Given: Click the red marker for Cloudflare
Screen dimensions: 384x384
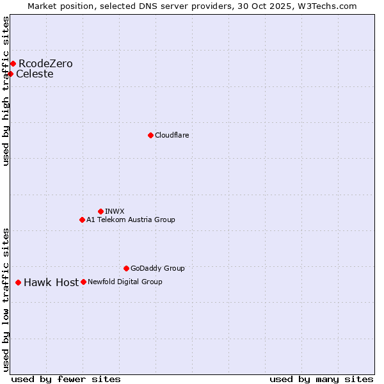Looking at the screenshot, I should pos(150,135).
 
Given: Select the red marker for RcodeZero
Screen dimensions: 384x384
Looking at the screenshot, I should pos(13,63).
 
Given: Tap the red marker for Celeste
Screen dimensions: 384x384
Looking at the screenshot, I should pos(10,74).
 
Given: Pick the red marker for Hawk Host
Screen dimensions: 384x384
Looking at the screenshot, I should pos(18,282).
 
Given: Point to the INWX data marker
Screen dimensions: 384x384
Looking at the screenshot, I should pos(100,211).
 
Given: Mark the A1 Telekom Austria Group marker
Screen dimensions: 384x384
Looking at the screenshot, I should pos(82,220).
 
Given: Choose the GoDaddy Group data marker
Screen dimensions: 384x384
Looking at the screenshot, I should pos(126,268).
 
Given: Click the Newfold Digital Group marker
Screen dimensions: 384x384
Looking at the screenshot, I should pos(83,282).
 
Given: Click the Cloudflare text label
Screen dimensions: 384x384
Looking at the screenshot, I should pos(172,135).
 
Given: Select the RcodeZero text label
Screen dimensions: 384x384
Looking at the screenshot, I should pos(45,63).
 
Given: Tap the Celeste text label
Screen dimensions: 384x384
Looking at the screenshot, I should pos(35,74).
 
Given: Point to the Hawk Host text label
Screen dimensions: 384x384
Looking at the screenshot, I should pos(51,282).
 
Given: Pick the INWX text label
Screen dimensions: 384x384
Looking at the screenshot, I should pos(115,211).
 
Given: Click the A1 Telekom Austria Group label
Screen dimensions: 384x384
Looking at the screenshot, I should pos(131,220).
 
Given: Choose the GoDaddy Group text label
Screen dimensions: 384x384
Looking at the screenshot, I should pos(157,268).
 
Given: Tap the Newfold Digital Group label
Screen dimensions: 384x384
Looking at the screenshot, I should pos(125,282).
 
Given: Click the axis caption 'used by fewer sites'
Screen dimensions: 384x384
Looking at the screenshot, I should pos(66,379).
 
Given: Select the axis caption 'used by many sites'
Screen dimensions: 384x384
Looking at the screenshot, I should pos(321,379).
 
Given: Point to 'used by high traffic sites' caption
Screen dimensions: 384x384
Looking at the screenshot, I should pos(6,92).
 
